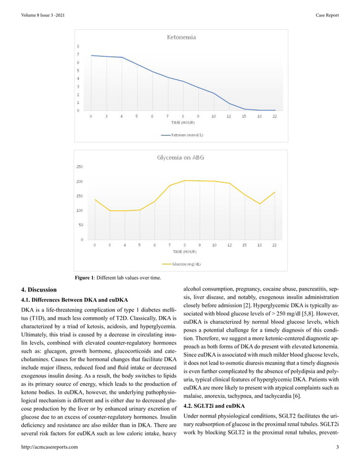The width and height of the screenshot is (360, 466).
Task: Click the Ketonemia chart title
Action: coord(180,37)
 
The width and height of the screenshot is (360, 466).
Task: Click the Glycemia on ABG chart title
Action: coord(180,158)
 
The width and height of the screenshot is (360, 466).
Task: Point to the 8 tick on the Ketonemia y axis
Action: coord(78,46)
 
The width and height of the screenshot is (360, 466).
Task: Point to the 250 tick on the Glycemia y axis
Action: coord(80,167)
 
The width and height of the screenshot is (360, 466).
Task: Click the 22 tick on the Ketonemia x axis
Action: coord(274,116)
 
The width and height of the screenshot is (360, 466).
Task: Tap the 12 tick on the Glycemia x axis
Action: coord(229,245)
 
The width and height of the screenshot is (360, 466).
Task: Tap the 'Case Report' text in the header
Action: coord(327,15)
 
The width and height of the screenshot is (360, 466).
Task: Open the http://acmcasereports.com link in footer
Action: coord(49,447)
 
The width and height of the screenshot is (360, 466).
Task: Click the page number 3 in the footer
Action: coord(337,447)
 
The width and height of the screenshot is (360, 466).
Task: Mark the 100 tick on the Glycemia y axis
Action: coord(80,210)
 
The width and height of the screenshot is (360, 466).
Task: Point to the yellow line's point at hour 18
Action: coord(260,204)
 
